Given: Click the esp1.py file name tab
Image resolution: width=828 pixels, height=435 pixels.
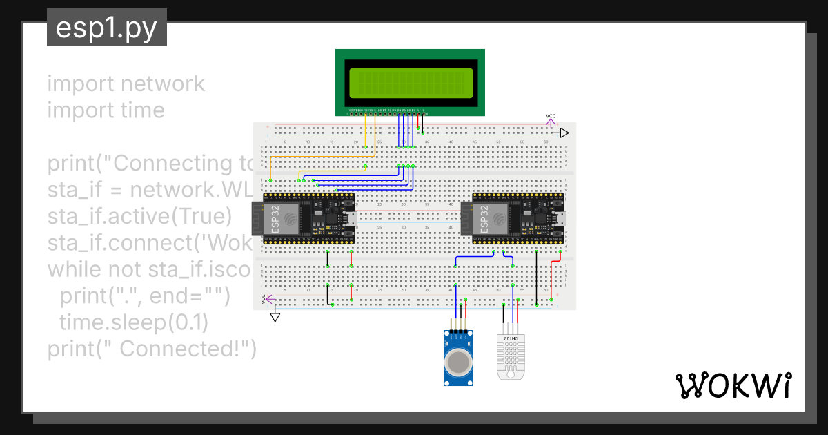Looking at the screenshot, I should point(106,28).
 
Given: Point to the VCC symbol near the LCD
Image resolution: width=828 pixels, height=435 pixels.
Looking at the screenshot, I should point(551,120).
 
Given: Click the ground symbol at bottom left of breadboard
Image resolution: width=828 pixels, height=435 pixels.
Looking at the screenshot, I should point(275,316).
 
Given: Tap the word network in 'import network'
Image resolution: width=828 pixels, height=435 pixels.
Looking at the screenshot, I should point(162,84).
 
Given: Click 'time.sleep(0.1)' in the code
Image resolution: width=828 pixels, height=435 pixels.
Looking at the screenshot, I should point(133,322).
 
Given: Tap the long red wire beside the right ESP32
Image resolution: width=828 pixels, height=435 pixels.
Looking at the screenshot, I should point(552,280).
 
